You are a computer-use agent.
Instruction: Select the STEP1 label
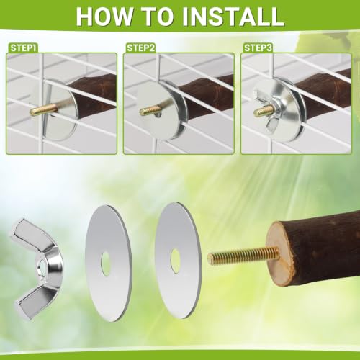click(23, 48)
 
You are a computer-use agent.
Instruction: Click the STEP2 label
click(140, 48)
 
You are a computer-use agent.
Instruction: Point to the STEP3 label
click(258, 48)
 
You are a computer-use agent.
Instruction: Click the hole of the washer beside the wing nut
click(105, 264)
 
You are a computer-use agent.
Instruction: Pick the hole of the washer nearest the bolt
click(175, 261)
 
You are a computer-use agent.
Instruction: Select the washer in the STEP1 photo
click(61, 110)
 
